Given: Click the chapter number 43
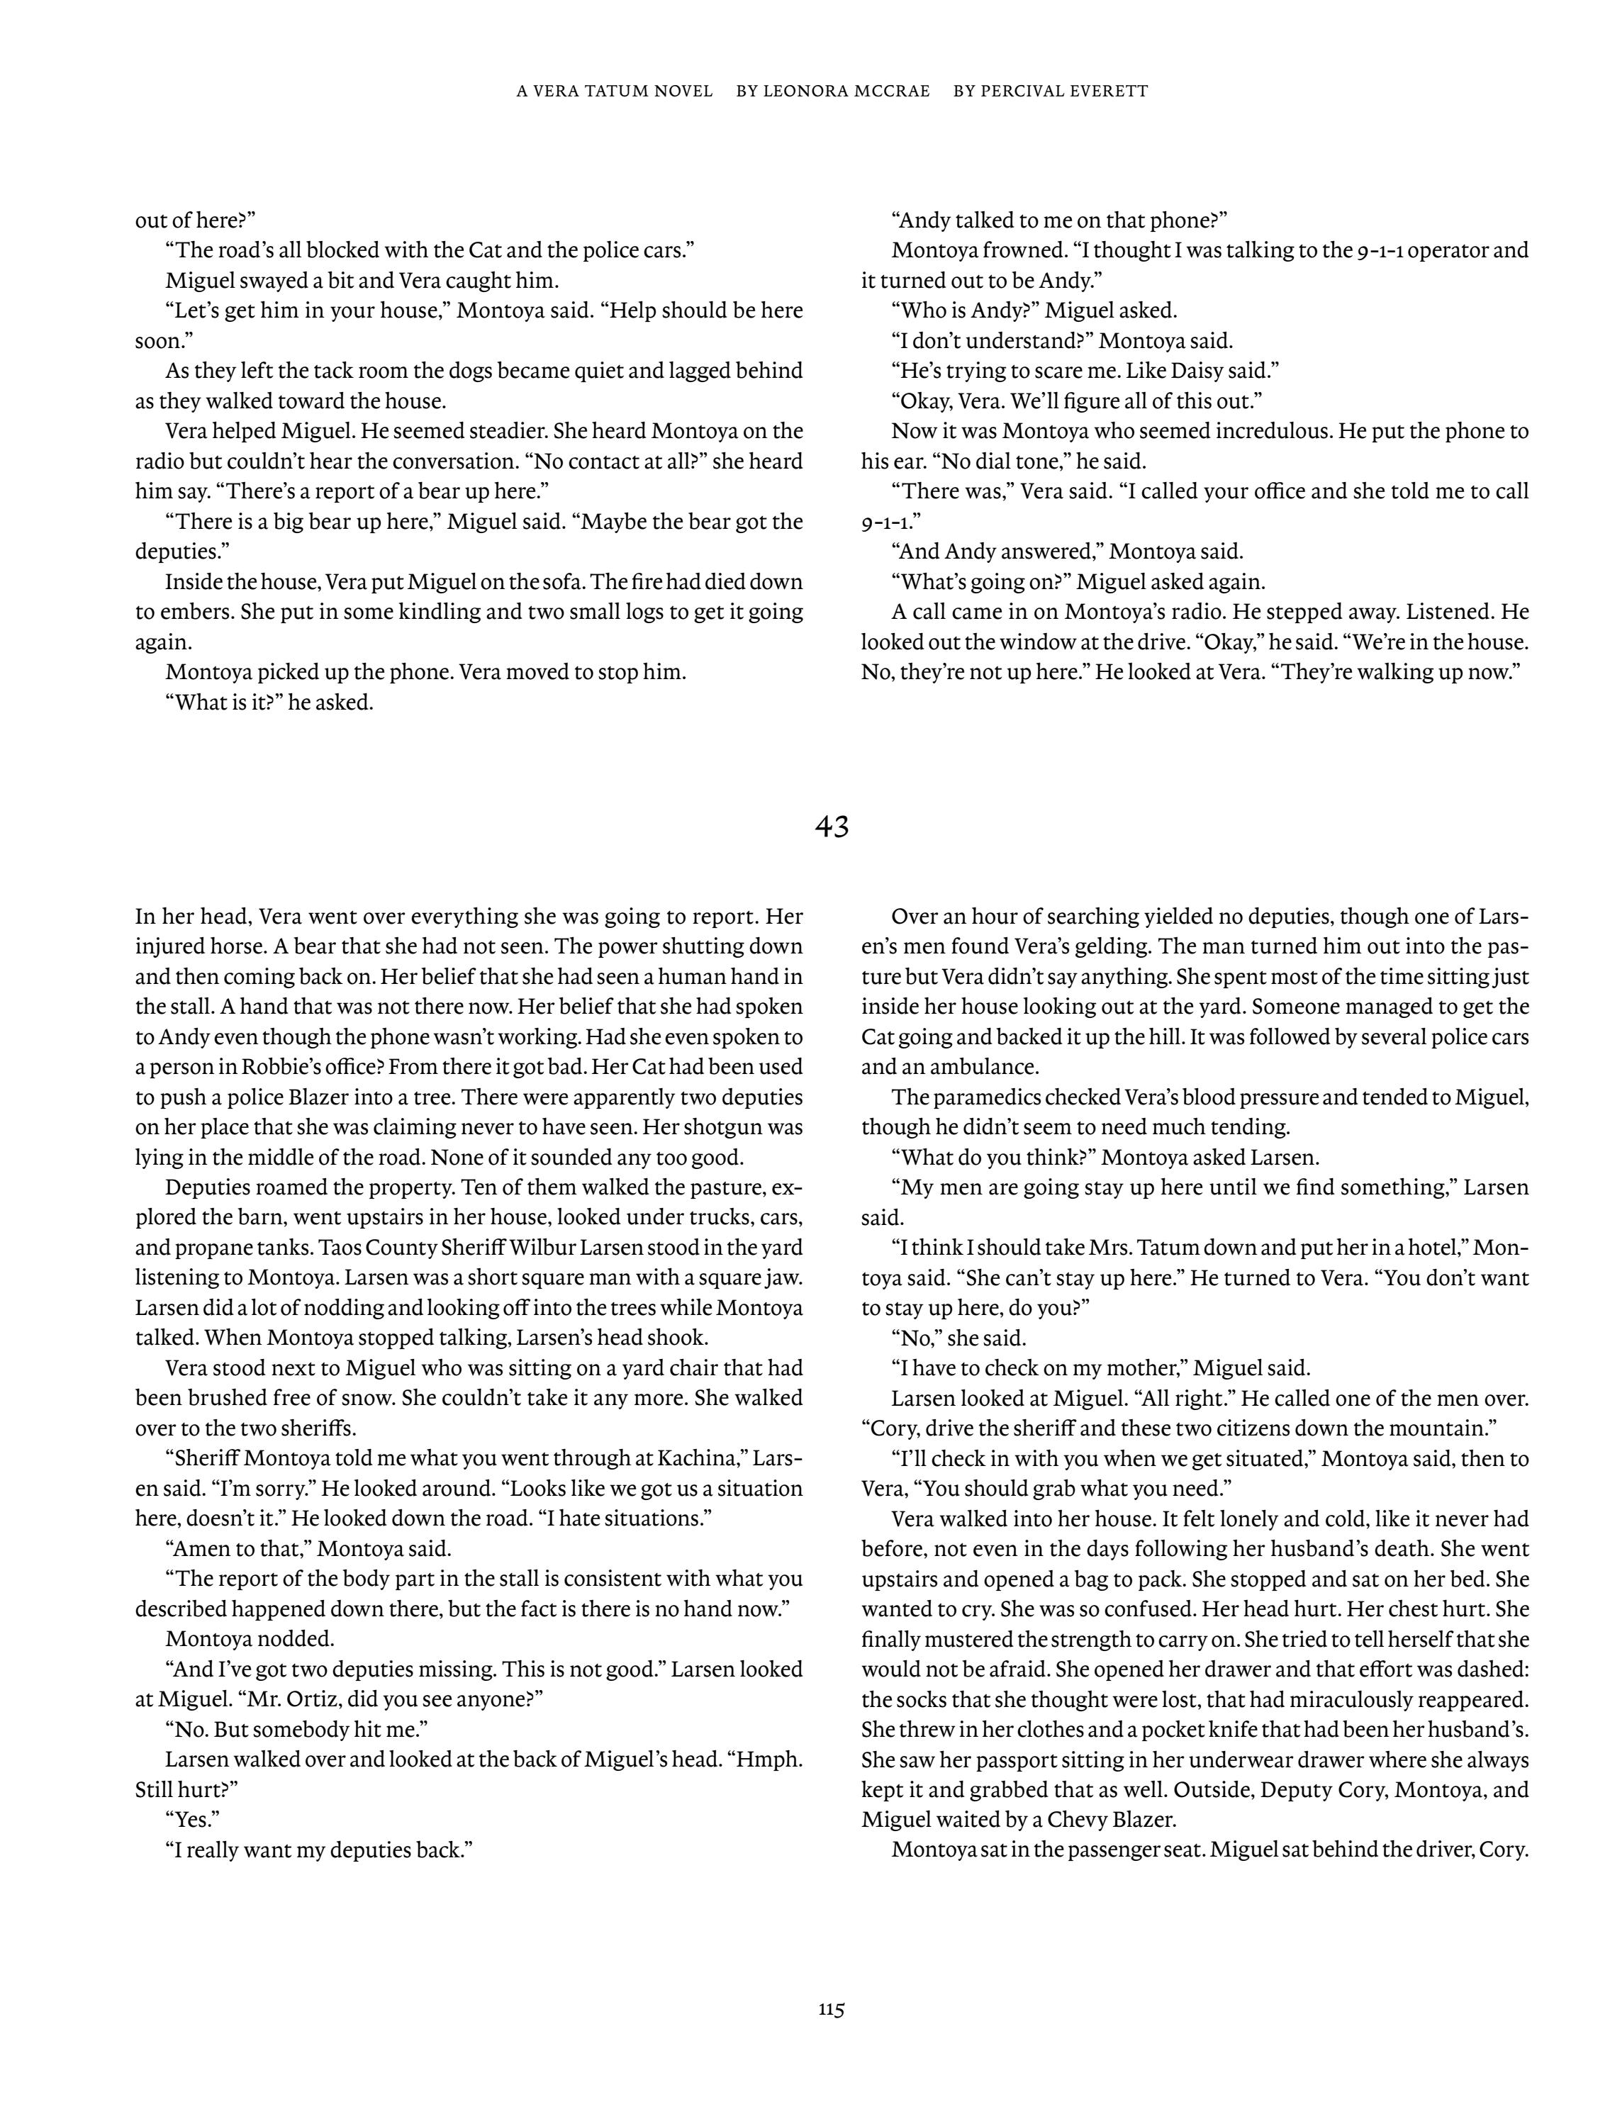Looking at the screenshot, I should click(832, 827).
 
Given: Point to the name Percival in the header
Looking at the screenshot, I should click(1021, 91).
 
